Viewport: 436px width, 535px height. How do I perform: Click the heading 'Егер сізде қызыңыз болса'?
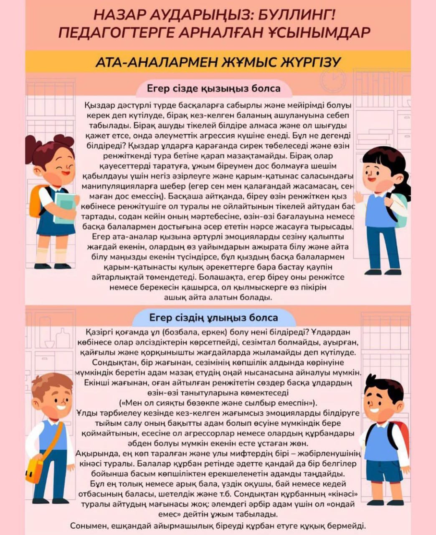213,89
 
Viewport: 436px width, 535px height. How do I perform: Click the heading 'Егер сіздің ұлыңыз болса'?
213,318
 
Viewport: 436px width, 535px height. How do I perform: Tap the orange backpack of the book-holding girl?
37,201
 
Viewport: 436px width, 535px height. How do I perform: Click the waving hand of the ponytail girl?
358,196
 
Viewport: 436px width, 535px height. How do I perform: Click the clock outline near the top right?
333,79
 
